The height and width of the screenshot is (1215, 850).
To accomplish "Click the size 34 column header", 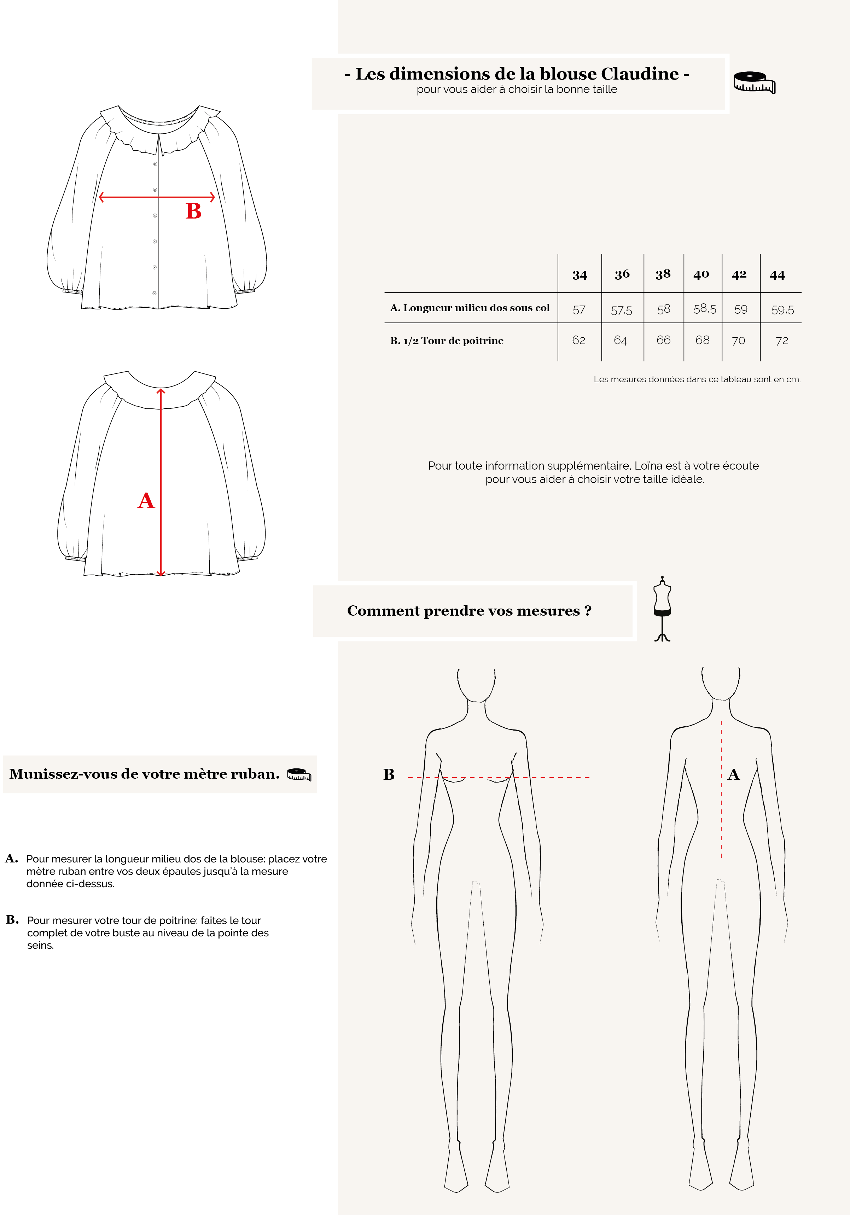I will click(580, 275).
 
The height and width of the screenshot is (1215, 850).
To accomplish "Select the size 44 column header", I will click(777, 275).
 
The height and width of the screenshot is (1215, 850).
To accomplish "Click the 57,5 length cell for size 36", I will click(621, 310).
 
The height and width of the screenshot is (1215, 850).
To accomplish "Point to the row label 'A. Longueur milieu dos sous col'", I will click(470, 308).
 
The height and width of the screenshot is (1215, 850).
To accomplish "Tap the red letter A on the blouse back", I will click(146, 501).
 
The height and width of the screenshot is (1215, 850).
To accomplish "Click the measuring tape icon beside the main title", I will click(754, 82).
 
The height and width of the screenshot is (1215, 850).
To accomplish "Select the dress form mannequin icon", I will click(662, 609).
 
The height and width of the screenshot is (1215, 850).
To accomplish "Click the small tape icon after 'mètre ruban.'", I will click(299, 774).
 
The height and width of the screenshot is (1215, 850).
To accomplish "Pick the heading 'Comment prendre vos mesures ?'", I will click(469, 611).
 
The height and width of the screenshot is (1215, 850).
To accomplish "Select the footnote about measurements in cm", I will click(697, 379).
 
